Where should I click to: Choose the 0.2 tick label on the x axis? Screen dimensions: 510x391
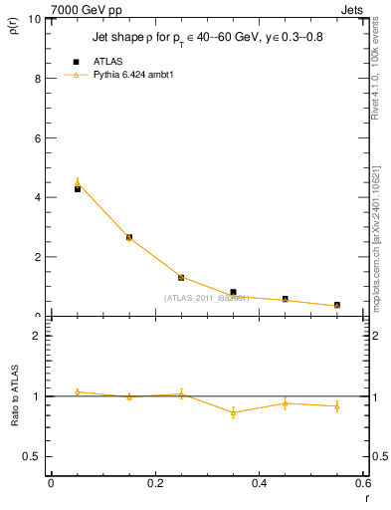(154, 483)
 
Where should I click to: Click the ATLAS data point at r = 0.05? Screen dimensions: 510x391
(77, 188)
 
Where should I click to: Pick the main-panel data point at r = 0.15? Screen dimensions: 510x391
(129, 237)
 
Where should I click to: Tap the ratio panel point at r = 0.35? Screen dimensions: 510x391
(233, 412)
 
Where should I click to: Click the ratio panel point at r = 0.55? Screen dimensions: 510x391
(337, 406)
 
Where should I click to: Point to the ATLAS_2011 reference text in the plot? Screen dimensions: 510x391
(205, 298)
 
